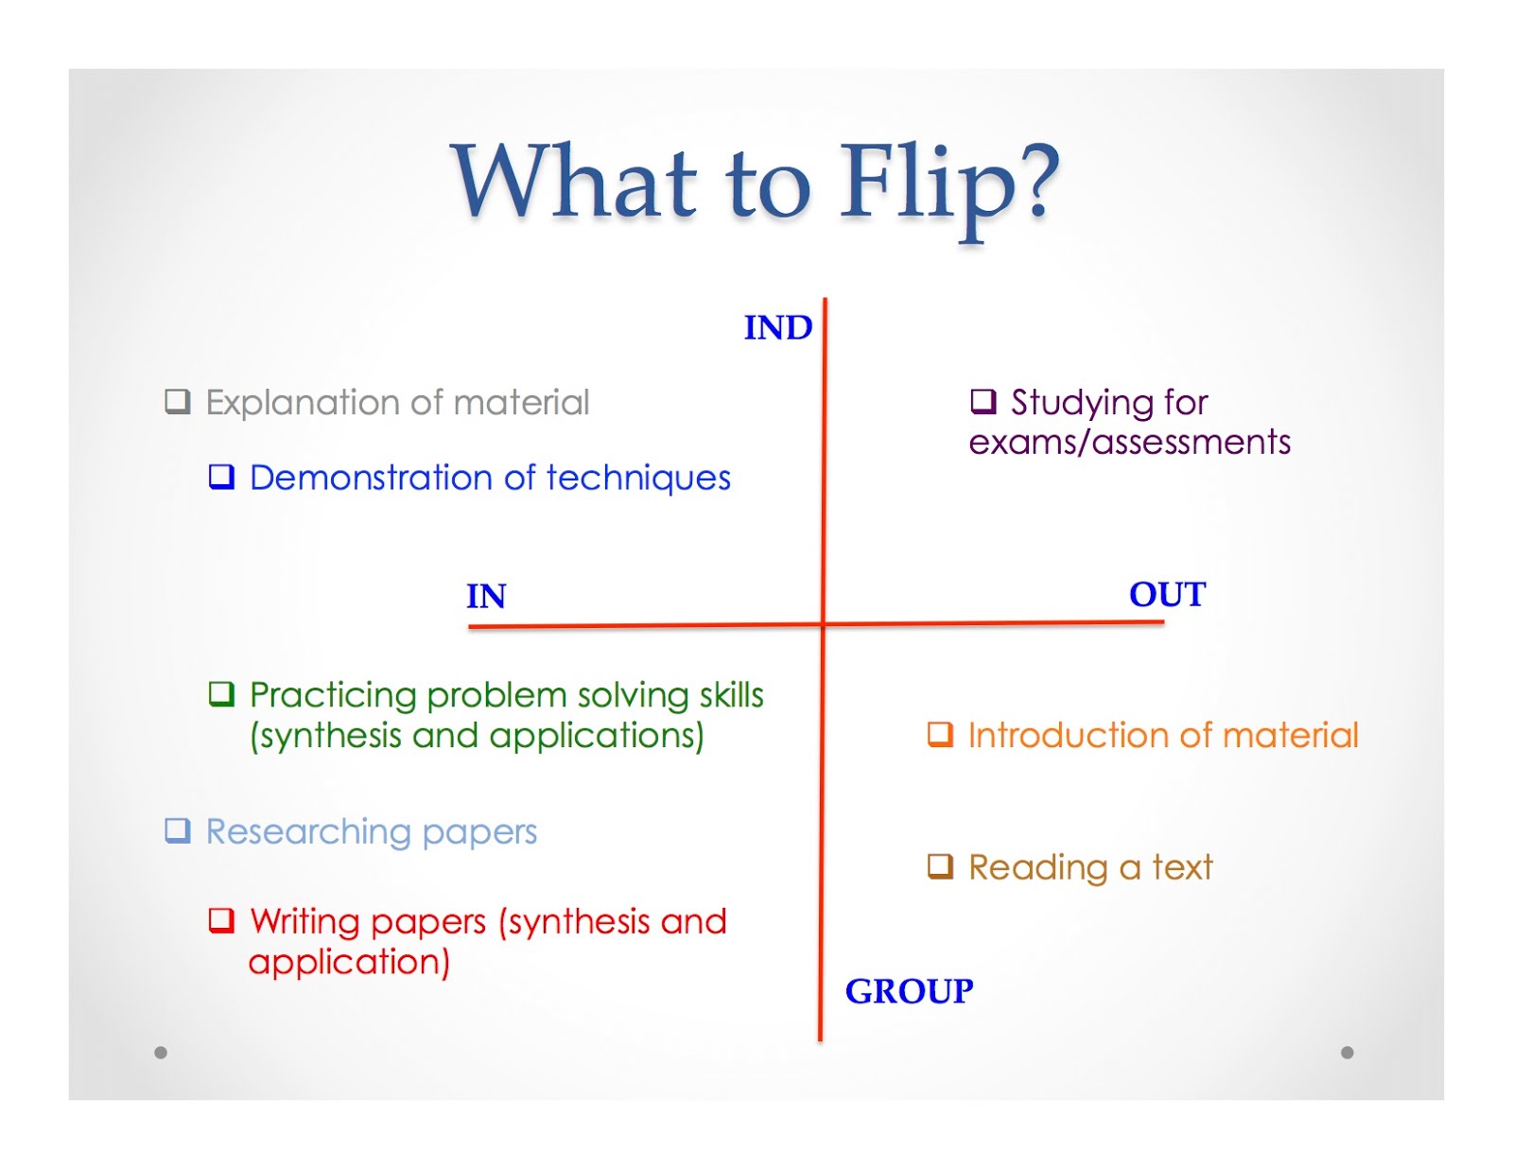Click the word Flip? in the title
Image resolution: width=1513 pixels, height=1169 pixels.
pyautogui.click(x=949, y=183)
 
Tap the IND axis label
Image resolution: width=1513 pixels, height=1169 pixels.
pyautogui.click(x=777, y=328)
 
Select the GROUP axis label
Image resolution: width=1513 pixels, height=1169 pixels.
pyautogui.click(x=909, y=991)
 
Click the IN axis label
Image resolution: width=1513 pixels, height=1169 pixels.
pyautogui.click(x=486, y=597)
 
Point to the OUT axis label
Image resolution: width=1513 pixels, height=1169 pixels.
pyautogui.click(x=1167, y=595)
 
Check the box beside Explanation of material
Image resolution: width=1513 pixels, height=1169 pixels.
pyautogui.click(x=178, y=402)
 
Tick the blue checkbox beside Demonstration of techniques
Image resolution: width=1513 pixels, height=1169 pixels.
pyautogui.click(x=221, y=477)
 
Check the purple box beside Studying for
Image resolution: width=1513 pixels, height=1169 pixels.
pyautogui.click(x=983, y=402)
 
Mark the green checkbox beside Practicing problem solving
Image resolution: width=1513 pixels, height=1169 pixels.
pyautogui.click(x=221, y=694)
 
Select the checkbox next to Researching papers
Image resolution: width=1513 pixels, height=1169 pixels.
pyautogui.click(x=178, y=830)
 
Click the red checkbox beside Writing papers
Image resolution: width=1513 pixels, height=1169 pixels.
pyautogui.click(x=221, y=920)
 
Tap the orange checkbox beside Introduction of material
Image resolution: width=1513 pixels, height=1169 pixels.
pyautogui.click(x=940, y=734)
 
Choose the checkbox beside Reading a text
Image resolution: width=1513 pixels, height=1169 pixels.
pyautogui.click(x=940, y=866)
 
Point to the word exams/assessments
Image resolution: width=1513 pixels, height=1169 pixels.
pyautogui.click(x=1129, y=443)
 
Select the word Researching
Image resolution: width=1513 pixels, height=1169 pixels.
pyautogui.click(x=308, y=832)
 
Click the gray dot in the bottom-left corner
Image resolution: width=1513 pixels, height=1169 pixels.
pyautogui.click(x=161, y=1053)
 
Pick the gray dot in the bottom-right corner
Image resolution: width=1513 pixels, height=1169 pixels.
pyautogui.click(x=1348, y=1053)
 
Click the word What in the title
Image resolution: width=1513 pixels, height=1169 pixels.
pyautogui.click(x=576, y=181)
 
